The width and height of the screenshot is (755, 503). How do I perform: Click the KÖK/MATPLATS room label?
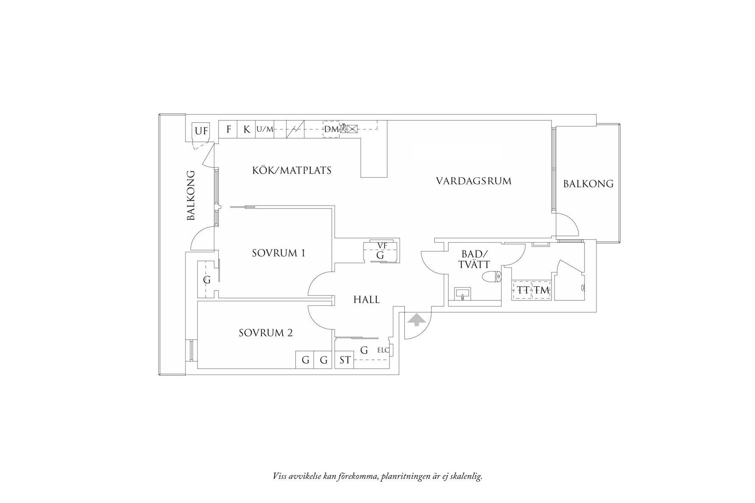coord(291,171)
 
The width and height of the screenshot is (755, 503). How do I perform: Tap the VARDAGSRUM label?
coord(474,181)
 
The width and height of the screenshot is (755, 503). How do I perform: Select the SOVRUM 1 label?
coord(279,253)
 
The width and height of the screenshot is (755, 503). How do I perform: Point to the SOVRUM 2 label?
coord(266,333)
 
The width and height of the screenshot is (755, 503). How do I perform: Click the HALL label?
coord(366,300)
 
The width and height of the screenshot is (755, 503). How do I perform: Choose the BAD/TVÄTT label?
coord(474,259)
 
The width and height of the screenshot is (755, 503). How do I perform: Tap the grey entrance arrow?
coord(417,320)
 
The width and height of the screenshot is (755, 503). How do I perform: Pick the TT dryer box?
coord(523,290)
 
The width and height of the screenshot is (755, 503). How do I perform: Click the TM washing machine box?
coord(542,290)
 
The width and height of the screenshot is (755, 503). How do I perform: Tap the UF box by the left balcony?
coord(201,131)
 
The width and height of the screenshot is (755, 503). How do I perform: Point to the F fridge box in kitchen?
coord(228,129)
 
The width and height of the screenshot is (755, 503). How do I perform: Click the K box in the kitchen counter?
coord(246,129)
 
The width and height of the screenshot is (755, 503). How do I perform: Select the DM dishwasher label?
coord(331,129)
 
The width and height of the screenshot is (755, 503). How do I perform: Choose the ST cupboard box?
coord(344,360)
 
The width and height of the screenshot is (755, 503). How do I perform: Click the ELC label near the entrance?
coord(383,350)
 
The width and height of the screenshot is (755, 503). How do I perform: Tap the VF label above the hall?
coord(382,245)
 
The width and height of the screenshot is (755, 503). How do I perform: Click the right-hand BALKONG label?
coord(588,184)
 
